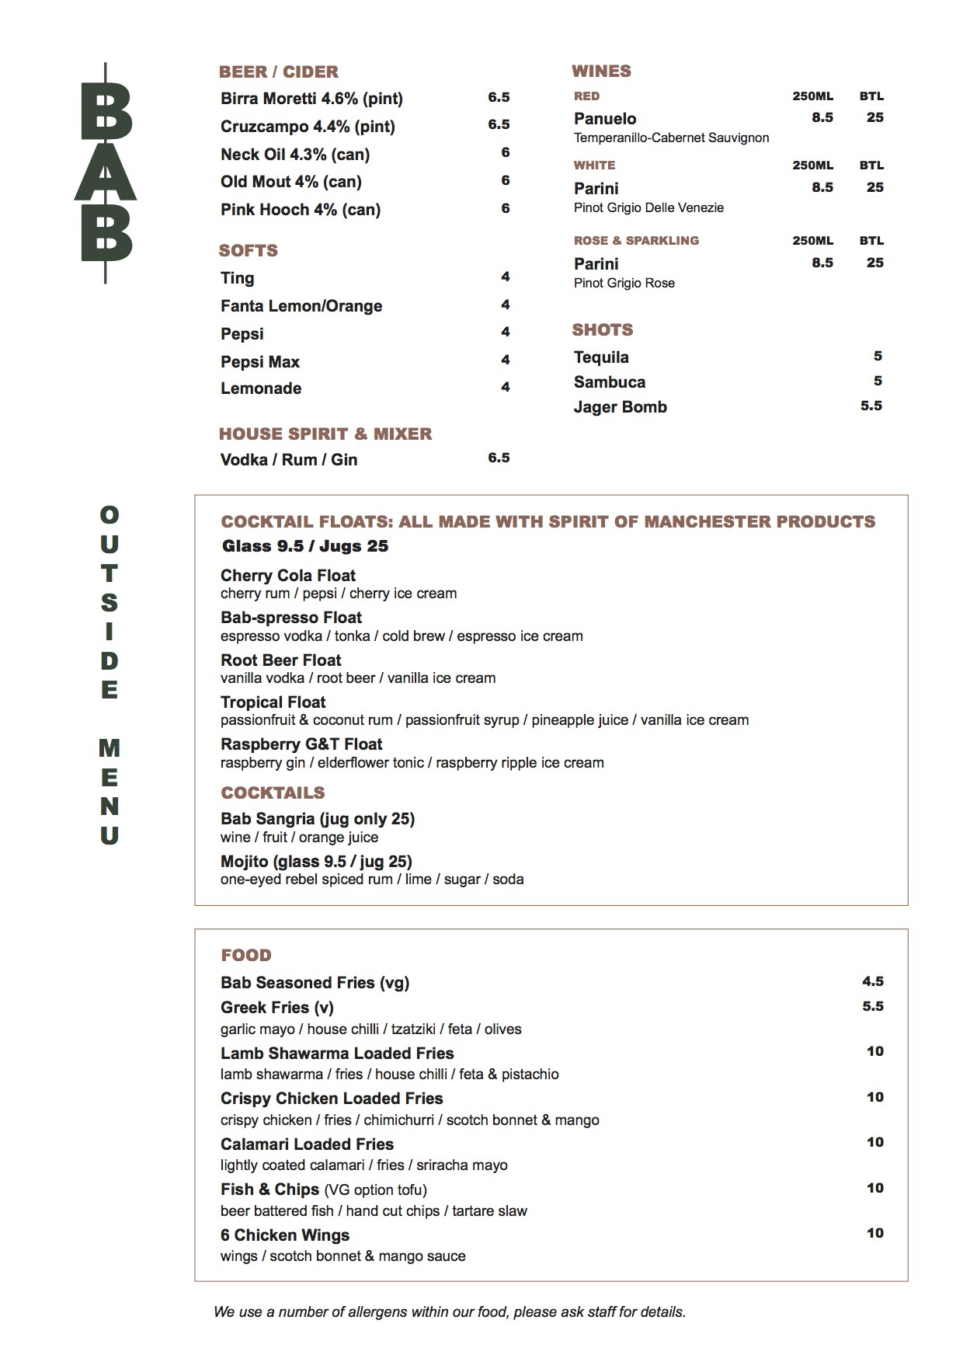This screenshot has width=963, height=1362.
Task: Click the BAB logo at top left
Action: coord(106,172)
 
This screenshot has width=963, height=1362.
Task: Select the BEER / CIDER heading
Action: coord(278,72)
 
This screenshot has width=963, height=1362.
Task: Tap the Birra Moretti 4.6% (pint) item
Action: coord(311,99)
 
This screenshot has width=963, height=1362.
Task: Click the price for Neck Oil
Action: coord(505,152)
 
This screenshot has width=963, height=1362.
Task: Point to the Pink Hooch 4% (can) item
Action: coord(300,210)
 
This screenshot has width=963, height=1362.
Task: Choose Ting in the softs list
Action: coord(237,278)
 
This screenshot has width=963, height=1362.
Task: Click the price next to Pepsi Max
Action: coord(505,360)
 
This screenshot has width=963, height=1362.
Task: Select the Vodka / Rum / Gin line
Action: coord(289,460)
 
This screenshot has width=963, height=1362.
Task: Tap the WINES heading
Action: coord(601,71)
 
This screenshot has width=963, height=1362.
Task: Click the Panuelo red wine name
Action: coord(605,119)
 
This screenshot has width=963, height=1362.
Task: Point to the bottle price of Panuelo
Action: coord(874,117)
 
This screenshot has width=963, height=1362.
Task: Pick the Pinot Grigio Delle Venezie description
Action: coord(648,207)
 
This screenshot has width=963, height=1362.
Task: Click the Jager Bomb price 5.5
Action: coord(871,406)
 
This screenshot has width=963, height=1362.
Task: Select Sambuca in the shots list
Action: coord(610,382)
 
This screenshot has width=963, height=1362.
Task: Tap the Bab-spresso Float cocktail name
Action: coord(291,618)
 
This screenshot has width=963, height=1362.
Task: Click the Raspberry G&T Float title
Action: coord(301,744)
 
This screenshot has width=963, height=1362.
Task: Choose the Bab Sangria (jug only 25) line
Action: coord(318,819)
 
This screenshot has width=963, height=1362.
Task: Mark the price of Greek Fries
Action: coord(872,1006)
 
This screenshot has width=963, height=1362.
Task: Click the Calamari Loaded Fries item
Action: coord(307,1144)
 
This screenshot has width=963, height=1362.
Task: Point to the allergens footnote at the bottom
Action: coord(450,1312)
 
